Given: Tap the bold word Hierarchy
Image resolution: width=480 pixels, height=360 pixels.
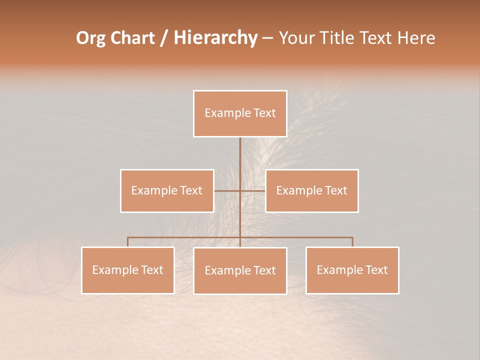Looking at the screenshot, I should coord(215,38).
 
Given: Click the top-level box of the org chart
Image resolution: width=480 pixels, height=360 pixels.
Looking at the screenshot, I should coord(240,113).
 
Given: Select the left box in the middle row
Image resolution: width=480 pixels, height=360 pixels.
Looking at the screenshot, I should coord(167,191).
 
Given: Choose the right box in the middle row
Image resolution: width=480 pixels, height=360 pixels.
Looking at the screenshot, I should coord(311,191).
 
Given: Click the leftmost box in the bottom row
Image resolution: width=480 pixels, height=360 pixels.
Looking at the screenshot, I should coord(128,270).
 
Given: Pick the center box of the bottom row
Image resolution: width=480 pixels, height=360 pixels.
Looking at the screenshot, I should coord(240,271).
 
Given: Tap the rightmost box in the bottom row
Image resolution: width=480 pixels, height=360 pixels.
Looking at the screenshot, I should coord(352,270).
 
